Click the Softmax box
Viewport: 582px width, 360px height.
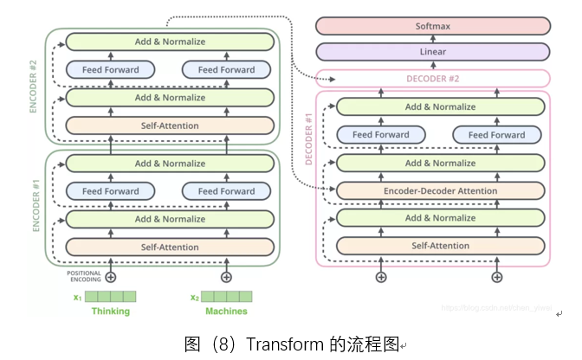click(x=432, y=26)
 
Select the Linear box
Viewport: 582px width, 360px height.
click(x=432, y=52)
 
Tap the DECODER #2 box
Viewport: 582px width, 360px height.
click(x=432, y=79)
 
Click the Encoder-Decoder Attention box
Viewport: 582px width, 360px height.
click(x=441, y=190)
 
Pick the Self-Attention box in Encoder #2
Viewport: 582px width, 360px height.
click(x=170, y=125)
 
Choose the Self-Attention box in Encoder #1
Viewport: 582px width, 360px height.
click(x=170, y=247)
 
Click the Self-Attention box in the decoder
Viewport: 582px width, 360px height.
click(x=441, y=246)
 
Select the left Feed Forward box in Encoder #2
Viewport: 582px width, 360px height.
click(x=110, y=70)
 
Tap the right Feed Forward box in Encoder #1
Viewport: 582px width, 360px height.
click(x=226, y=191)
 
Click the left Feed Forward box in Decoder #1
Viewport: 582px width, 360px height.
click(x=381, y=135)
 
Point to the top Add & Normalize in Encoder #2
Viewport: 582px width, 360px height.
click(x=170, y=41)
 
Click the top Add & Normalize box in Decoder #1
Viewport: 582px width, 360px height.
click(x=441, y=106)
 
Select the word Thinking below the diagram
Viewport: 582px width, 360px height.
click(x=110, y=312)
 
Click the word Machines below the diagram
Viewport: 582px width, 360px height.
click(x=226, y=312)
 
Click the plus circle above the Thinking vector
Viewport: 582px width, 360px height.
click(x=110, y=277)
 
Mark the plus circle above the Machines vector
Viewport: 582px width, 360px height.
click(x=226, y=277)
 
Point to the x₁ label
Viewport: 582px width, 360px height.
click(x=77, y=298)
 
